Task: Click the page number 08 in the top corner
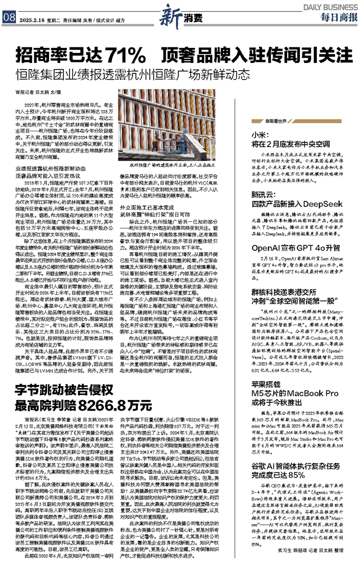(x=8, y=17)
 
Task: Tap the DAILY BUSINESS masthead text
(x=329, y=7)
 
